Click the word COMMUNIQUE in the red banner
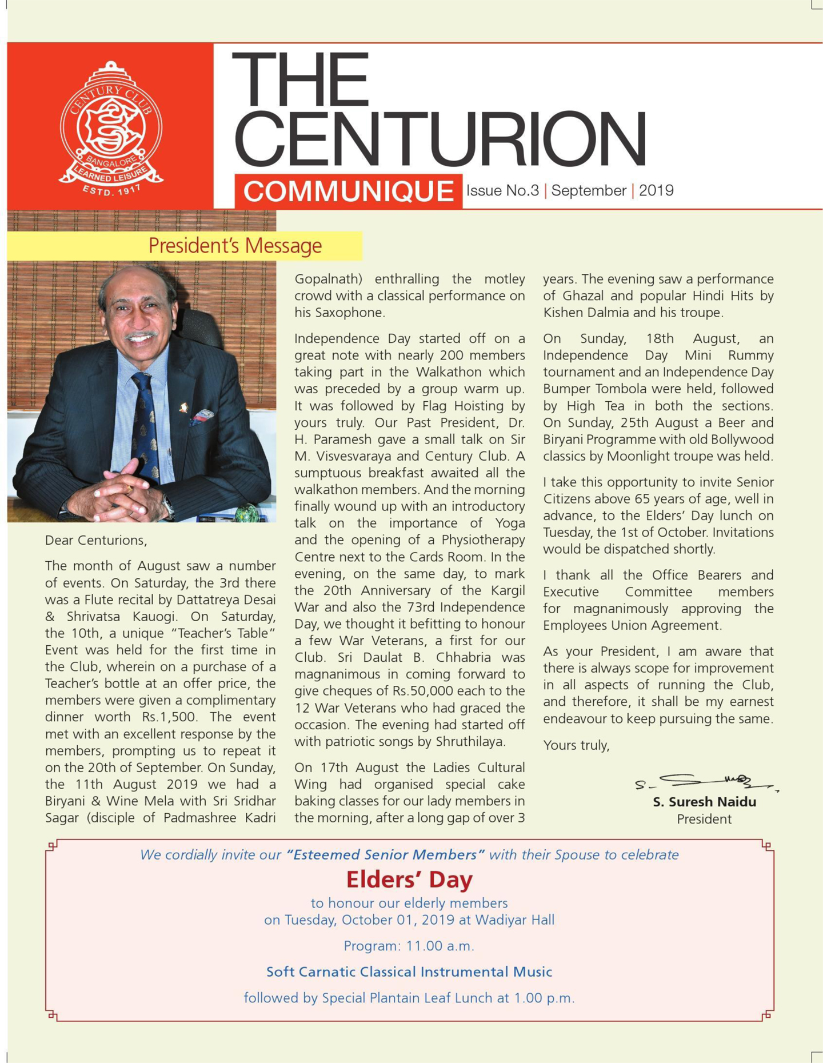348,191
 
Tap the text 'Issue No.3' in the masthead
502,191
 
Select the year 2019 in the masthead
656,191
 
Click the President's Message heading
235,246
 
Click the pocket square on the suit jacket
201,417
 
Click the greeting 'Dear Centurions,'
96,540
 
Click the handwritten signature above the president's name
705,782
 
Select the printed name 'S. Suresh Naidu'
704,802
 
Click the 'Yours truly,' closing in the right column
576,745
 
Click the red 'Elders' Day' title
409,880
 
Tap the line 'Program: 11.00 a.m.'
409,946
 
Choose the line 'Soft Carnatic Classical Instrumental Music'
409,972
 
